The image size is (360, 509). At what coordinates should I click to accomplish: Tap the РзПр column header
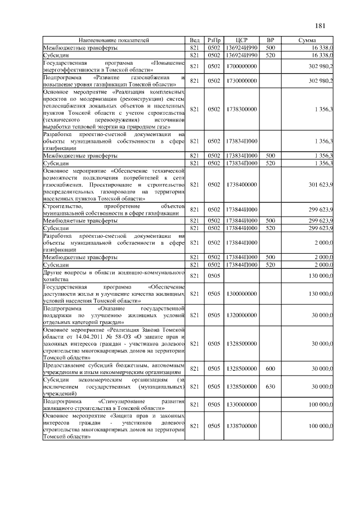click(x=214, y=41)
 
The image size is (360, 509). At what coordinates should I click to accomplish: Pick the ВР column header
click(x=270, y=41)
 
